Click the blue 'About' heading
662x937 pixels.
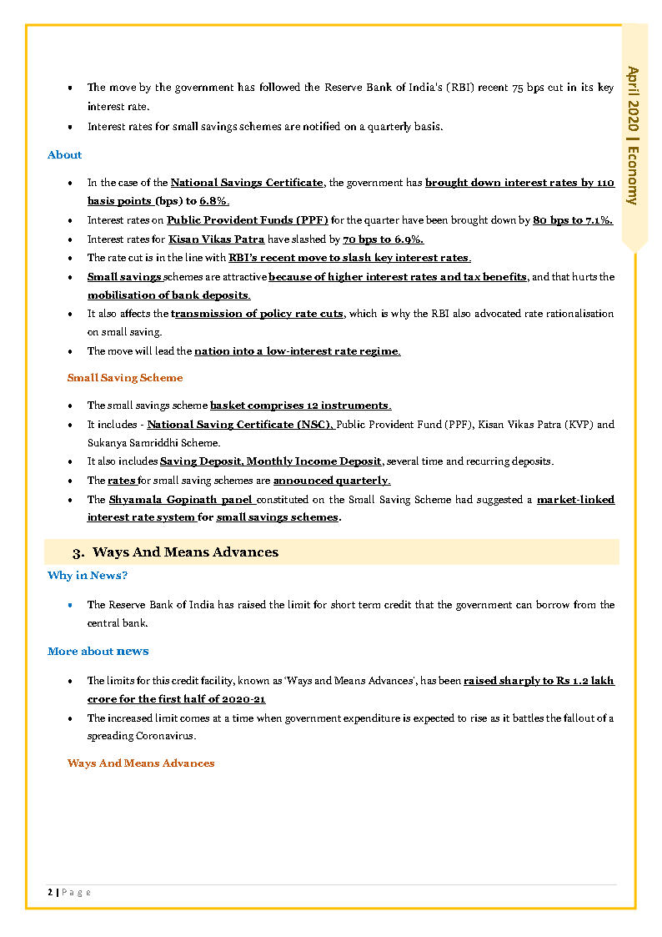pos(64,155)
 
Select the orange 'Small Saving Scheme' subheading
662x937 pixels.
pos(125,378)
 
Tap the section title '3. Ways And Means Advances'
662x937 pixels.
pos(175,552)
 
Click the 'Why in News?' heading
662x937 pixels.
pos(88,576)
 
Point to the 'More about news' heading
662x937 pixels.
pos(98,652)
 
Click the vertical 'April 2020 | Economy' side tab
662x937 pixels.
pos(634,135)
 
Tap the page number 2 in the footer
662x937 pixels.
pos(50,892)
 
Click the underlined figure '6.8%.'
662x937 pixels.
pos(214,202)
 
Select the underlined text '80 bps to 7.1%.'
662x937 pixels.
pos(573,220)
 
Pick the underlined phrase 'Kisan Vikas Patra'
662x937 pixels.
pos(217,239)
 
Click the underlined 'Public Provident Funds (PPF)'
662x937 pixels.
pos(248,220)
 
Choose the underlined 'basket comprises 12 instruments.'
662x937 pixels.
pos(300,406)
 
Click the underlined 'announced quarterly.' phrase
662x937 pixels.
pos(332,481)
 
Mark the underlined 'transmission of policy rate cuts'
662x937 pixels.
pos(257,314)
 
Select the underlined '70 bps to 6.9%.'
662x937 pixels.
pos(383,239)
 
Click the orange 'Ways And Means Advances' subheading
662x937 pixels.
pos(141,763)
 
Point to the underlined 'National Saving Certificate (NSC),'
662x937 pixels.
pos(241,425)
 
